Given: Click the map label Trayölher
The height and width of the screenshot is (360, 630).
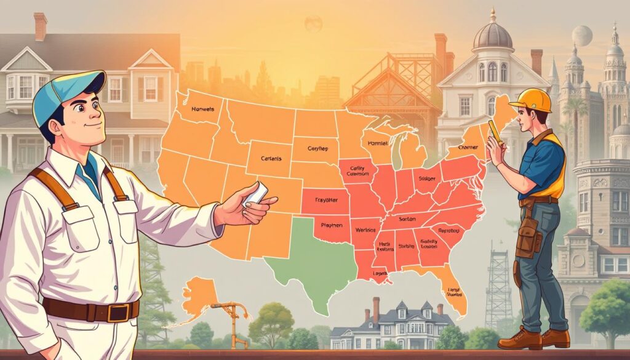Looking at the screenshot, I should point(319,201).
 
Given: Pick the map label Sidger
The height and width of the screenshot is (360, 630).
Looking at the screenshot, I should point(426,179).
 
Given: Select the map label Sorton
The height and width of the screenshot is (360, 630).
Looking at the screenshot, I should point(408,218).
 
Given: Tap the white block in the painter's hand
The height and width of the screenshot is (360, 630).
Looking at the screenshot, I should point(257,194).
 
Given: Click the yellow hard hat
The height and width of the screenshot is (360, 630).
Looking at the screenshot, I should point(530,100).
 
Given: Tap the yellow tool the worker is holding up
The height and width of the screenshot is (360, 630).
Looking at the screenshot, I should point(496,132).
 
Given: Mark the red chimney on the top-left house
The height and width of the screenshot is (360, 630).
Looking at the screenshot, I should point(41,26).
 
